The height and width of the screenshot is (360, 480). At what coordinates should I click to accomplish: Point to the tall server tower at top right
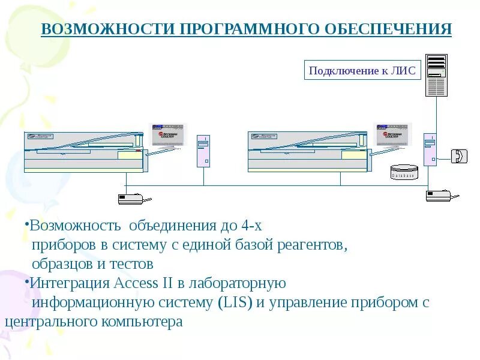coord(436,75)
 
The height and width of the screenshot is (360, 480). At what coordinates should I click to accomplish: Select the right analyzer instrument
coord(308,151)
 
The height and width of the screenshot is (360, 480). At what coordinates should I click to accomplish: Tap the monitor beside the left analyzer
coord(169,136)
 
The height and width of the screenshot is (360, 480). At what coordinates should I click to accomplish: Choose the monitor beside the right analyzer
coord(393,136)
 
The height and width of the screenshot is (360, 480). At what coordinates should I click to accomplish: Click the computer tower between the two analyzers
coord(204,151)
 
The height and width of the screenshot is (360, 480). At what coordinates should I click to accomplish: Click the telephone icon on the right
coord(459,155)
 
